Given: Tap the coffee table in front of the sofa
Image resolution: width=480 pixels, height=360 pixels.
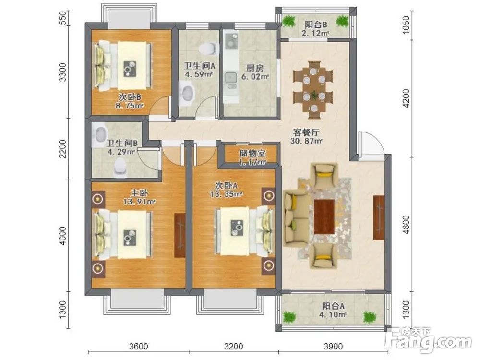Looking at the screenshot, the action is (324, 216).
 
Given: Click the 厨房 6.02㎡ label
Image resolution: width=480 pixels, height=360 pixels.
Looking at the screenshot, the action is (255, 72).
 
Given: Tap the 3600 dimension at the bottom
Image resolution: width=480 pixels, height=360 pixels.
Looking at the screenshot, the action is (138, 346).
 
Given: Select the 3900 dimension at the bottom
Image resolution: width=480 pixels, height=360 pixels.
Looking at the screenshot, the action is (333, 346).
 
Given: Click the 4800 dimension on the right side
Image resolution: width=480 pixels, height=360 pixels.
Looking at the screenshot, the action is (406, 225).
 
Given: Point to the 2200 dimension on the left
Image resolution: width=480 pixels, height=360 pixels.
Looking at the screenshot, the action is (62, 148).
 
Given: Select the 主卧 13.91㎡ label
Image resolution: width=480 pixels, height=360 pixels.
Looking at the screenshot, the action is (139, 197).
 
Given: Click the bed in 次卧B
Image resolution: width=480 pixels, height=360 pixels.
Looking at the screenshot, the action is (123, 66).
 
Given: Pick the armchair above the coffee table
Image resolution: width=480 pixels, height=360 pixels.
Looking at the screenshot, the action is (324, 175).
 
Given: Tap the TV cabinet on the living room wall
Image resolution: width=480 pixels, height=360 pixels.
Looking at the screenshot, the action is (379, 217).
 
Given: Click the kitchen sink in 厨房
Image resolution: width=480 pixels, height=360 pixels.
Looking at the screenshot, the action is (230, 78).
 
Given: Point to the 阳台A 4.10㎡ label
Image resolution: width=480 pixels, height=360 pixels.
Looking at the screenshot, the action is (333, 310).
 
